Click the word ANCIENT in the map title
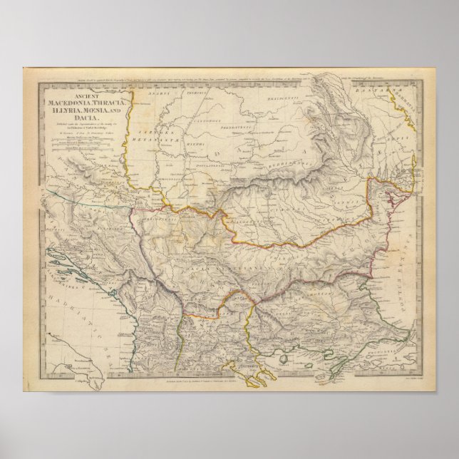point(85,97)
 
